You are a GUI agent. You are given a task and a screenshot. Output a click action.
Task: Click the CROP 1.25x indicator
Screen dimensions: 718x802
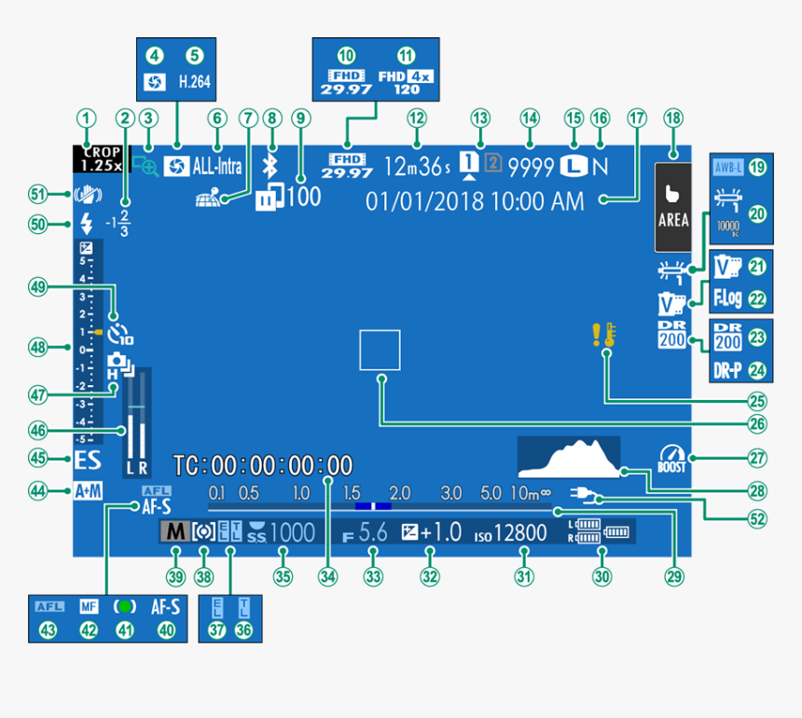[x=99, y=159]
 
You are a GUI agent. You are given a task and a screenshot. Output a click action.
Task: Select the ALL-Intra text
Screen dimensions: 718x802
[x=218, y=167]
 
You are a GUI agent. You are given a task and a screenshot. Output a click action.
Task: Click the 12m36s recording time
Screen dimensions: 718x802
[x=417, y=167]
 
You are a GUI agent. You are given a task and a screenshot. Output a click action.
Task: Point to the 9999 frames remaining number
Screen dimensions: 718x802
[x=531, y=167]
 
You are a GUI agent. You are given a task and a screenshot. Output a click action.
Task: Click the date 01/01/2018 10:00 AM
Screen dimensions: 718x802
[x=475, y=200]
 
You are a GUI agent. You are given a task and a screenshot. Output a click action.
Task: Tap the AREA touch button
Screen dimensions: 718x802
[x=673, y=207]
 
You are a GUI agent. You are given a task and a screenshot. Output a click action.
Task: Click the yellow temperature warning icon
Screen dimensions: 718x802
[x=601, y=336]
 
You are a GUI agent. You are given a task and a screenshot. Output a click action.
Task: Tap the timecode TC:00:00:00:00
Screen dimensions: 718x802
[x=263, y=465]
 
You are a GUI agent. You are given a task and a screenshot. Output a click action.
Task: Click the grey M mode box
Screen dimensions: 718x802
[x=173, y=532]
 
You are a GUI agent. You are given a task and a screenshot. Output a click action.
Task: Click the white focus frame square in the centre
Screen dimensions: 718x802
[x=380, y=351]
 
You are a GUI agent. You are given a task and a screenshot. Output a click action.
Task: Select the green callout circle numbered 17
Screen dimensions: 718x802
[x=636, y=118]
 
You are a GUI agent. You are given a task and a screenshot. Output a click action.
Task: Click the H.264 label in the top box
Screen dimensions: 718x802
[x=195, y=82]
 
